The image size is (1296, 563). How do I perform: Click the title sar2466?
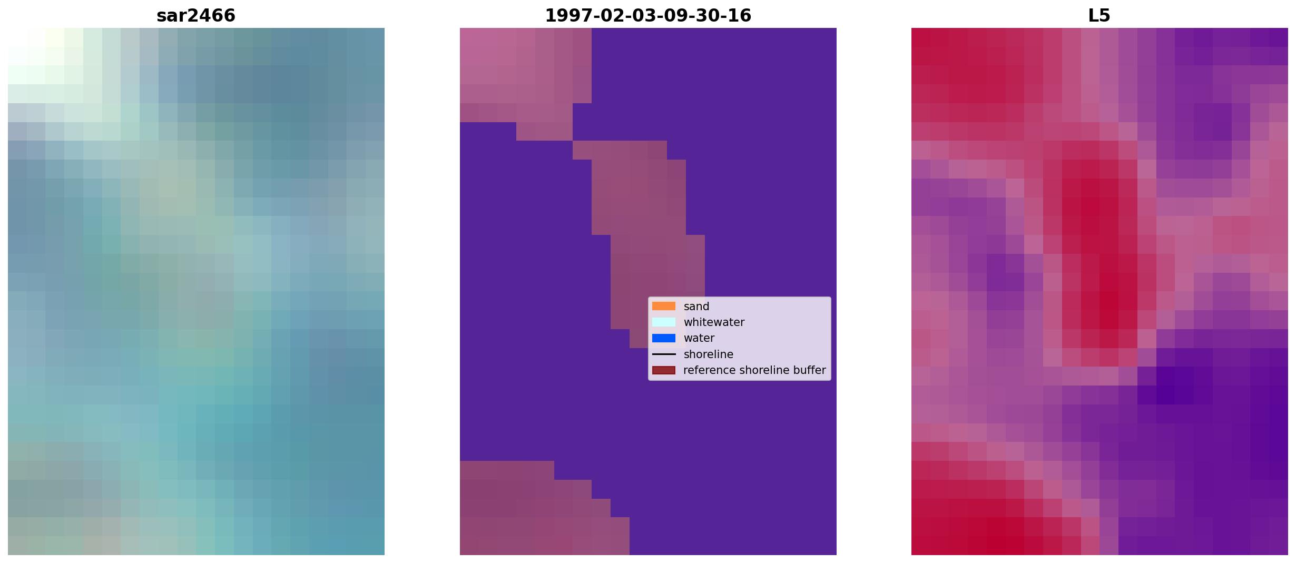point(196,16)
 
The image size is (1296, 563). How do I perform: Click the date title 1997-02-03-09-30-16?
point(648,16)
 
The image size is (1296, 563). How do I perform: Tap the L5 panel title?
point(1099,16)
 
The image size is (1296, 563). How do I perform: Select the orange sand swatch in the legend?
point(664,306)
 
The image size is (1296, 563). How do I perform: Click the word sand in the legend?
point(696,307)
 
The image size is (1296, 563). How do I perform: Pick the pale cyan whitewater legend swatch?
point(664,322)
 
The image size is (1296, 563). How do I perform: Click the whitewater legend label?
point(714,322)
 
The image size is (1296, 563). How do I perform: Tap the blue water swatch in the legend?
point(664,338)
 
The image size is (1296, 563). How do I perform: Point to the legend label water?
point(699,338)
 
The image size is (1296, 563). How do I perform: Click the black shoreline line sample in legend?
point(664,354)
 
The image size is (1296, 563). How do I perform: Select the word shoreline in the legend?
point(709,354)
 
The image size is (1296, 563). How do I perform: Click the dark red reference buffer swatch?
point(664,370)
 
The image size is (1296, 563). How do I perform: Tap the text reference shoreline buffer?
point(754,370)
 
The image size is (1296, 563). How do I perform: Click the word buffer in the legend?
point(809,370)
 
